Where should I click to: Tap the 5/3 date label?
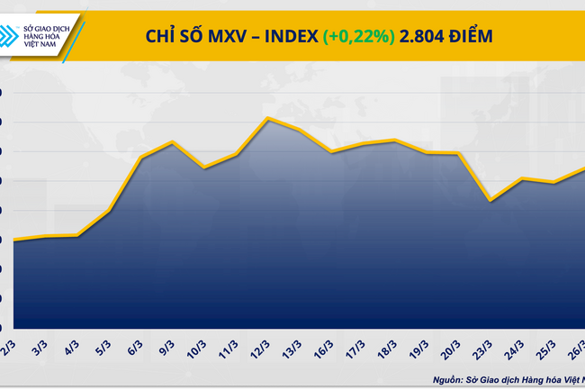pyautogui.click(x=104, y=347)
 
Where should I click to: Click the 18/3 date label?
pyautogui.click(x=390, y=349)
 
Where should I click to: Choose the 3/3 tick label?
pyautogui.click(x=40, y=347)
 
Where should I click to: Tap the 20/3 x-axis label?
pyautogui.click(x=453, y=349)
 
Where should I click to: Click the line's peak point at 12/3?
pyautogui.click(x=267, y=118)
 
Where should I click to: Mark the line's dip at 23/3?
pyautogui.click(x=489, y=200)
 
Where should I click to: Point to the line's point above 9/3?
pyautogui.click(x=172, y=142)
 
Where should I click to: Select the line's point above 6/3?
pyautogui.click(x=140, y=159)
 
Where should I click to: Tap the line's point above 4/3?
pyautogui.click(x=77, y=236)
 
